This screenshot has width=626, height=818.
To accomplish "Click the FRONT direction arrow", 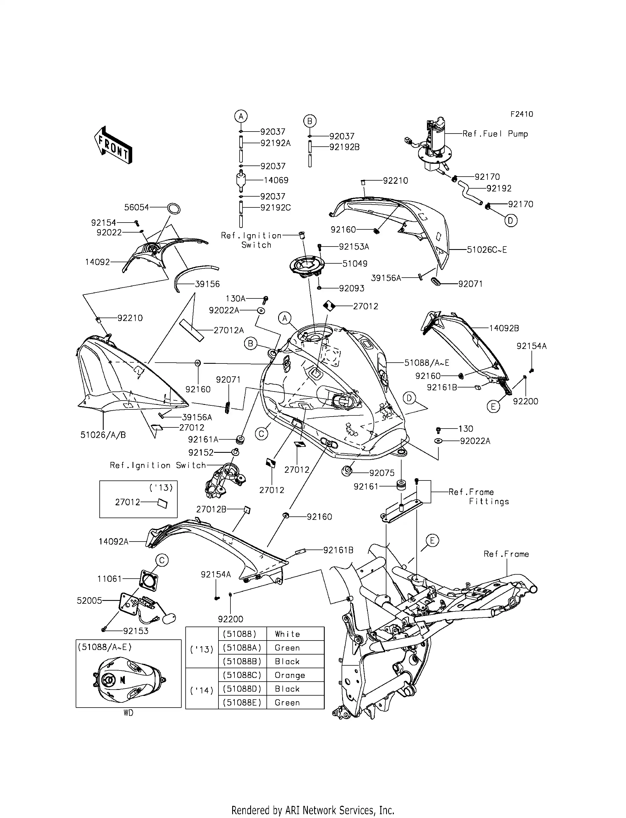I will tap(113, 146).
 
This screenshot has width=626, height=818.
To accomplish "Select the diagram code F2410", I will tap(522, 114).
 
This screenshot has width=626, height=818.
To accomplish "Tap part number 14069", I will tap(276, 180).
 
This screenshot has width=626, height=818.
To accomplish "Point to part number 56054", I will tap(137, 207).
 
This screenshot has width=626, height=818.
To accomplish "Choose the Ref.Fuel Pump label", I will tap(495, 134).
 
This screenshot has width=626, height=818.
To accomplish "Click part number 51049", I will tap(355, 264).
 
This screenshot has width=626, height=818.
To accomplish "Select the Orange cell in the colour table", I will tap(290, 675).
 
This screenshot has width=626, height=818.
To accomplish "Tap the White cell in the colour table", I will tap(287, 634).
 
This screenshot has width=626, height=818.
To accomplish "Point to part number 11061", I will tap(110, 579).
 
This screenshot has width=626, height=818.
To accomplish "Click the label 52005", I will tap(89, 601).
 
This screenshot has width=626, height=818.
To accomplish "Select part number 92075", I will tap(382, 473).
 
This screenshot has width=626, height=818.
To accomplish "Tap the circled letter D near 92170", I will tap(511, 221).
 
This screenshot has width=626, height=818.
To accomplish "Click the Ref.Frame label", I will tap(506, 554).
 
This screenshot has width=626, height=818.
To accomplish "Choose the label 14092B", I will tap(504, 328).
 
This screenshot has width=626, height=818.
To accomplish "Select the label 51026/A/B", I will tap(103, 435).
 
